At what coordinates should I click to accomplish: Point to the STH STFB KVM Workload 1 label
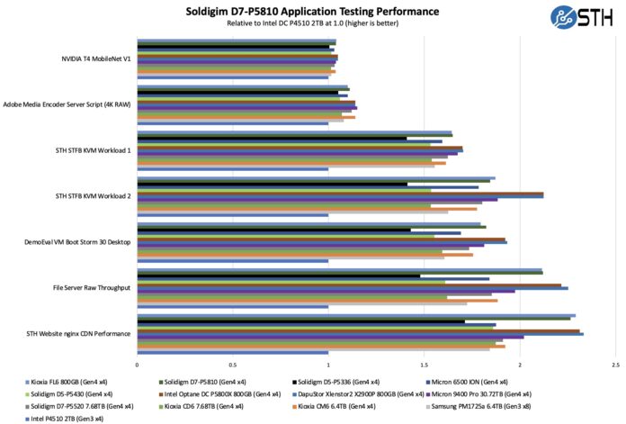pos(93,149)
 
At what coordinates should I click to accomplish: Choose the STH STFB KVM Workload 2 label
pos(93,195)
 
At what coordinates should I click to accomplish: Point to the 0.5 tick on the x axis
pos(233,365)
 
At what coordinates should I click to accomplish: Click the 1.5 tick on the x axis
pos(425,365)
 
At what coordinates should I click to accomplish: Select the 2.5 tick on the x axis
pos(615,365)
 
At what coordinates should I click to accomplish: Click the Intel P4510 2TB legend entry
pos(67,418)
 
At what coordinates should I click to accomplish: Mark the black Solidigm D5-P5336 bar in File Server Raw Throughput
pos(278,275)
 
